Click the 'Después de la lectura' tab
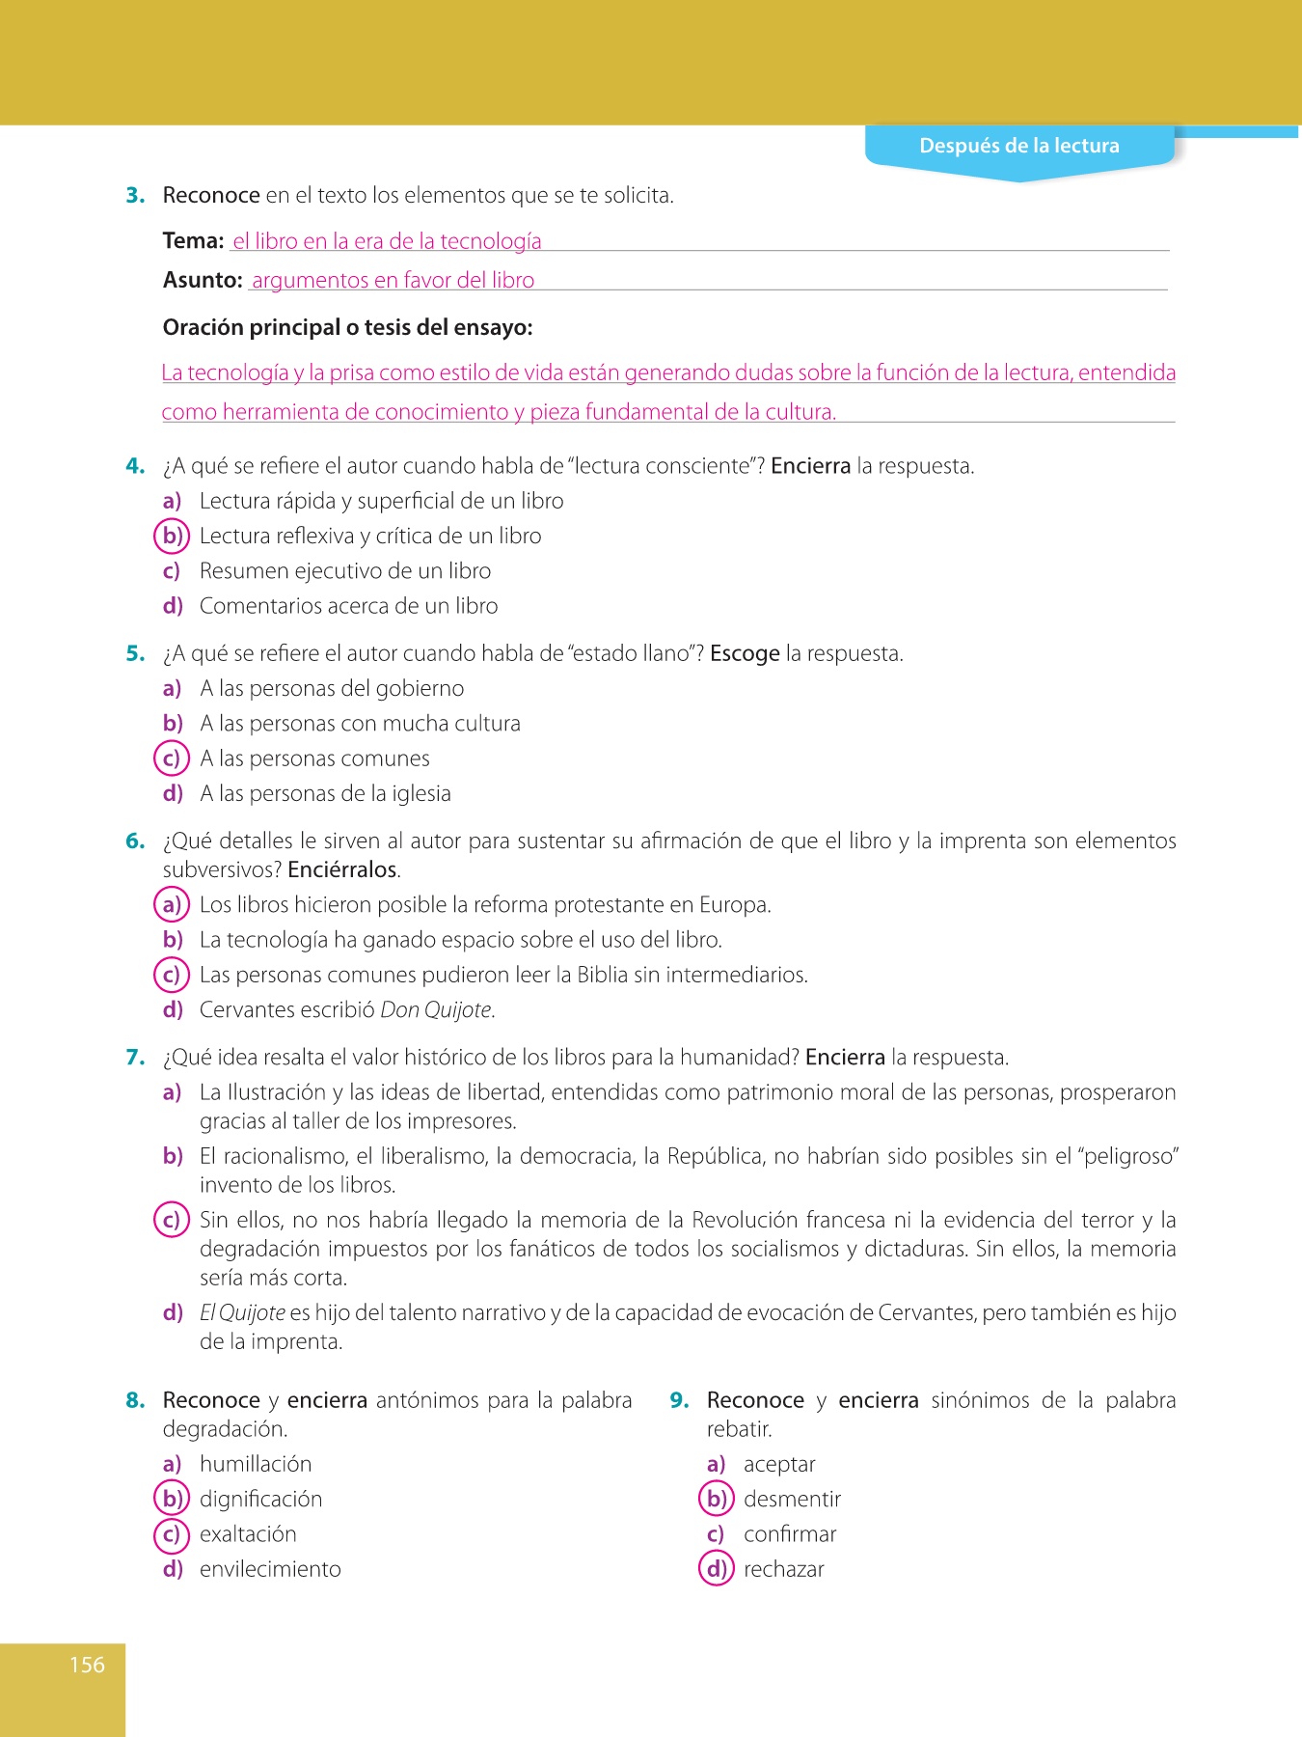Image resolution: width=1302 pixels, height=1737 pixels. [1018, 146]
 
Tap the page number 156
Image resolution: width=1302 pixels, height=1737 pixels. [87, 1665]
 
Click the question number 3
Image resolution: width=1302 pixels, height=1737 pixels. [135, 196]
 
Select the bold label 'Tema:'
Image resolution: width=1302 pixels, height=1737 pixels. [193, 241]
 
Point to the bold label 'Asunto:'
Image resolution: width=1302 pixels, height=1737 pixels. [203, 281]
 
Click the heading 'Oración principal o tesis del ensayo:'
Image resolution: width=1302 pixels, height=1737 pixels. [347, 328]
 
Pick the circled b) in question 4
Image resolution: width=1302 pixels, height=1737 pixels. [172, 536]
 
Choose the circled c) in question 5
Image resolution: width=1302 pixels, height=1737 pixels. [172, 758]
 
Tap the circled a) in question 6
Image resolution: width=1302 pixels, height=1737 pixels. [172, 905]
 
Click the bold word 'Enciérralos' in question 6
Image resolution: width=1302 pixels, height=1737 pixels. [342, 869]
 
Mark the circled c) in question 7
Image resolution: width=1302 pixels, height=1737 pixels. [172, 1221]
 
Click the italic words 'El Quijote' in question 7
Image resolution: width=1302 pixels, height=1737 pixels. [242, 1313]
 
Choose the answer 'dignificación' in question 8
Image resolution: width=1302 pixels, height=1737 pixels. [260, 1500]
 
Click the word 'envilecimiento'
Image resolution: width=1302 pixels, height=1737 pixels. [270, 1570]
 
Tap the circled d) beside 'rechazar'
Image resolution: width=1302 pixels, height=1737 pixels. [716, 1569]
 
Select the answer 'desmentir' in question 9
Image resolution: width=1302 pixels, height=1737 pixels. [792, 1500]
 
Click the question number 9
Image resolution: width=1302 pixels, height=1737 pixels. [679, 1401]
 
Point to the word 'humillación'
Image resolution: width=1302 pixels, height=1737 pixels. [256, 1465]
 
